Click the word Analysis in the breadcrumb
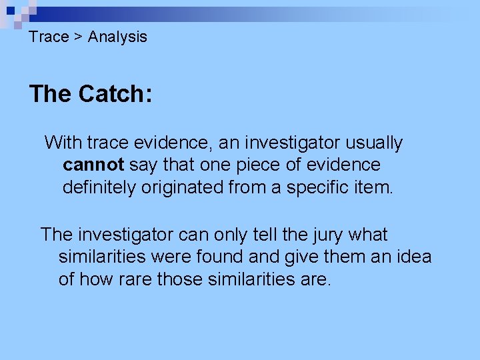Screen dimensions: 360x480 [117, 37]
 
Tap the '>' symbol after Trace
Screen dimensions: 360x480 [78, 37]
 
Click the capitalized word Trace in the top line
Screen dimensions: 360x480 [49, 37]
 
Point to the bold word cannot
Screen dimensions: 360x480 [93, 165]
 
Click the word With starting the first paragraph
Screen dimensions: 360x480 [63, 143]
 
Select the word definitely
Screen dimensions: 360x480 [99, 187]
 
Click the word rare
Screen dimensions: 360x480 [135, 279]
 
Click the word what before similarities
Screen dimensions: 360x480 [367, 235]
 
